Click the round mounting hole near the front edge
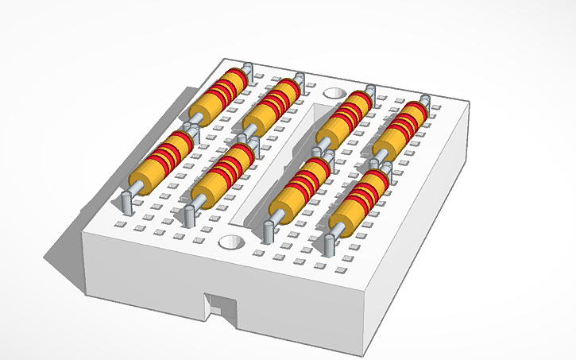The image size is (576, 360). (231, 240)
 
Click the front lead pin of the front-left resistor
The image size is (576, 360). (126, 202)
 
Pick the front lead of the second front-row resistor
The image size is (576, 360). (189, 215)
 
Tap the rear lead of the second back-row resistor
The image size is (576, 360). (300, 80)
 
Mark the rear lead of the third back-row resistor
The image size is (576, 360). (369, 92)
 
